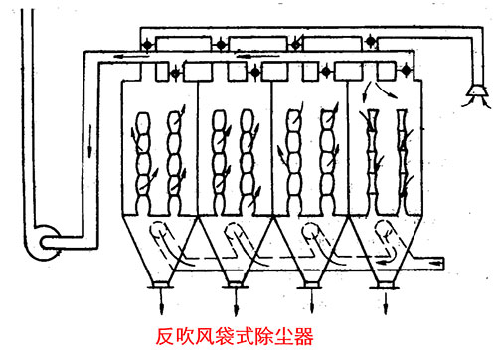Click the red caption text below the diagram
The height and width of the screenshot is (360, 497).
pos(243,339)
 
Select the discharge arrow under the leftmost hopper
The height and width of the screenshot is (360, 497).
pos(157,292)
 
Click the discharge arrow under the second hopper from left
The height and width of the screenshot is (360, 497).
pos(236,292)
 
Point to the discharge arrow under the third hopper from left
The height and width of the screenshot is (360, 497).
pos(307,292)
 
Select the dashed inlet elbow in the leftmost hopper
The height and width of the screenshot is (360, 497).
pos(158,240)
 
